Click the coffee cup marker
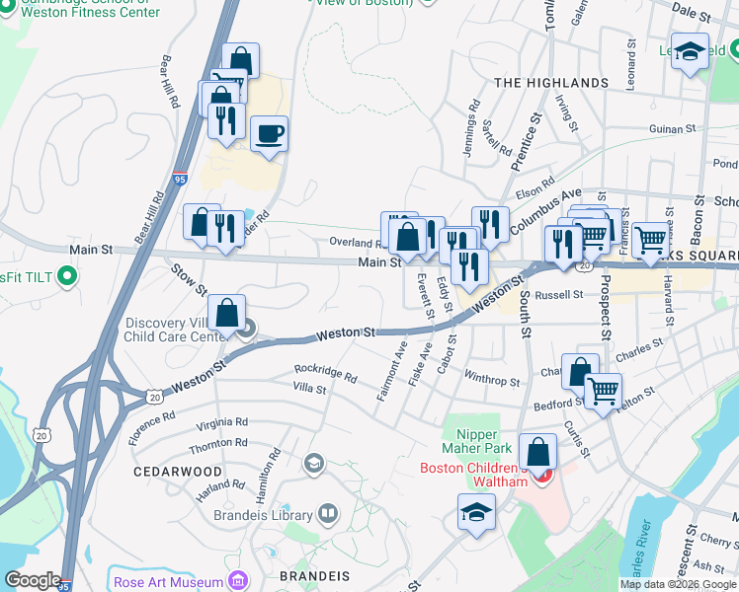click(268, 134)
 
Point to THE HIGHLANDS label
click(550, 83)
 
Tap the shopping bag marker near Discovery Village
click(227, 313)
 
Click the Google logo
click(33, 580)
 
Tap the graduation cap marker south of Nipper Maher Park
click(476, 512)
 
